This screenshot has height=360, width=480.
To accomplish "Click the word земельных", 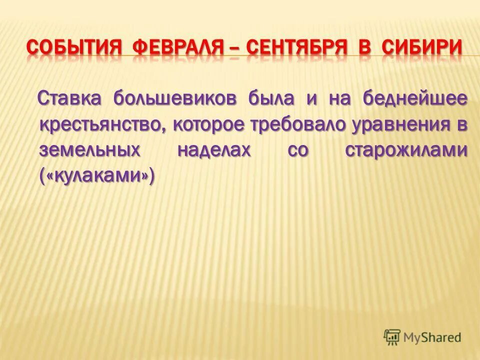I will [x=89, y=150].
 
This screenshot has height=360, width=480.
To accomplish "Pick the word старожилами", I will [x=406, y=150].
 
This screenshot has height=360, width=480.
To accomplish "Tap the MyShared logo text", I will [x=432, y=337].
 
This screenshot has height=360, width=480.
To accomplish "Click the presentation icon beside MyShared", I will [x=392, y=337].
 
